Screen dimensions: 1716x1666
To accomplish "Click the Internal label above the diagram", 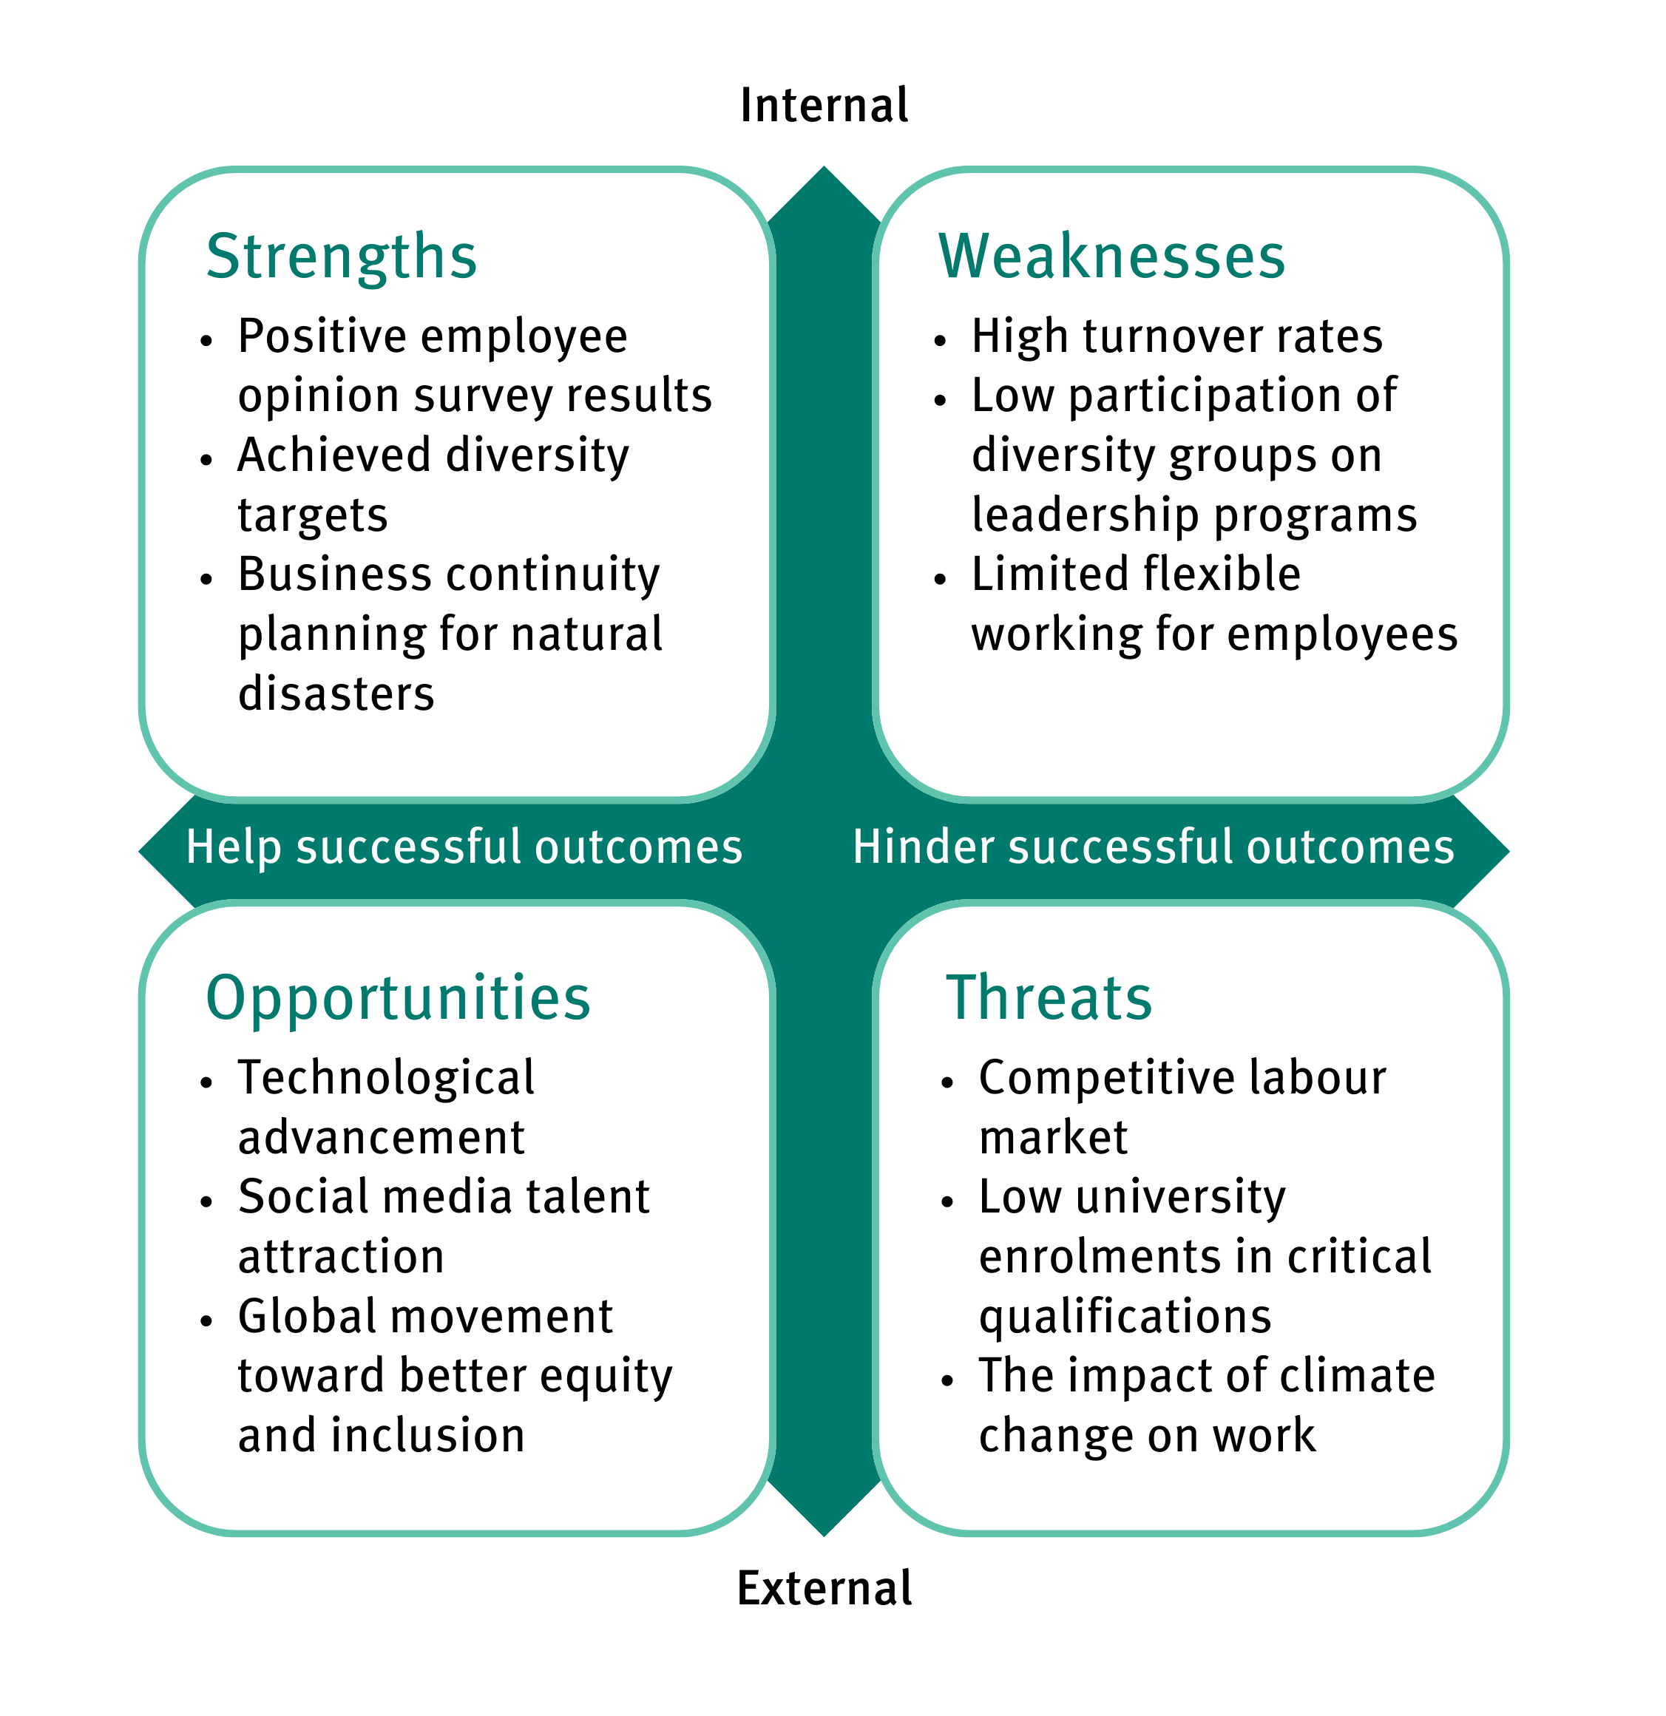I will pyautogui.click(x=823, y=106).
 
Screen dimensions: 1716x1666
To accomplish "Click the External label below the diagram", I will pyautogui.click(x=824, y=1588).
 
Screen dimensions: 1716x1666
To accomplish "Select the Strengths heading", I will pyautogui.click(x=342, y=257).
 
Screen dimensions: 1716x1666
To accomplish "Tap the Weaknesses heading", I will pyautogui.click(x=1111, y=257).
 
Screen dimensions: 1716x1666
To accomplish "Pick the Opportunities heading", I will pyautogui.click(x=399, y=998).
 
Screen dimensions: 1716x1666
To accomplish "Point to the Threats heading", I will pyautogui.click(x=1049, y=998).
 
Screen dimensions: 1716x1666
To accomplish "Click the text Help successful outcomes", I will pyautogui.click(x=464, y=847).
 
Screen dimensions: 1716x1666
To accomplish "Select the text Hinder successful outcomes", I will pyautogui.click(x=1153, y=847).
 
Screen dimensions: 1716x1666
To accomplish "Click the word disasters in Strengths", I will pyautogui.click(x=336, y=694).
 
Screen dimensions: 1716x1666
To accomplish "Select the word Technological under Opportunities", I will pyautogui.click(x=386, y=1078).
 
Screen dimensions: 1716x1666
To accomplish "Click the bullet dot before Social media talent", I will pyautogui.click(x=206, y=1201).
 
